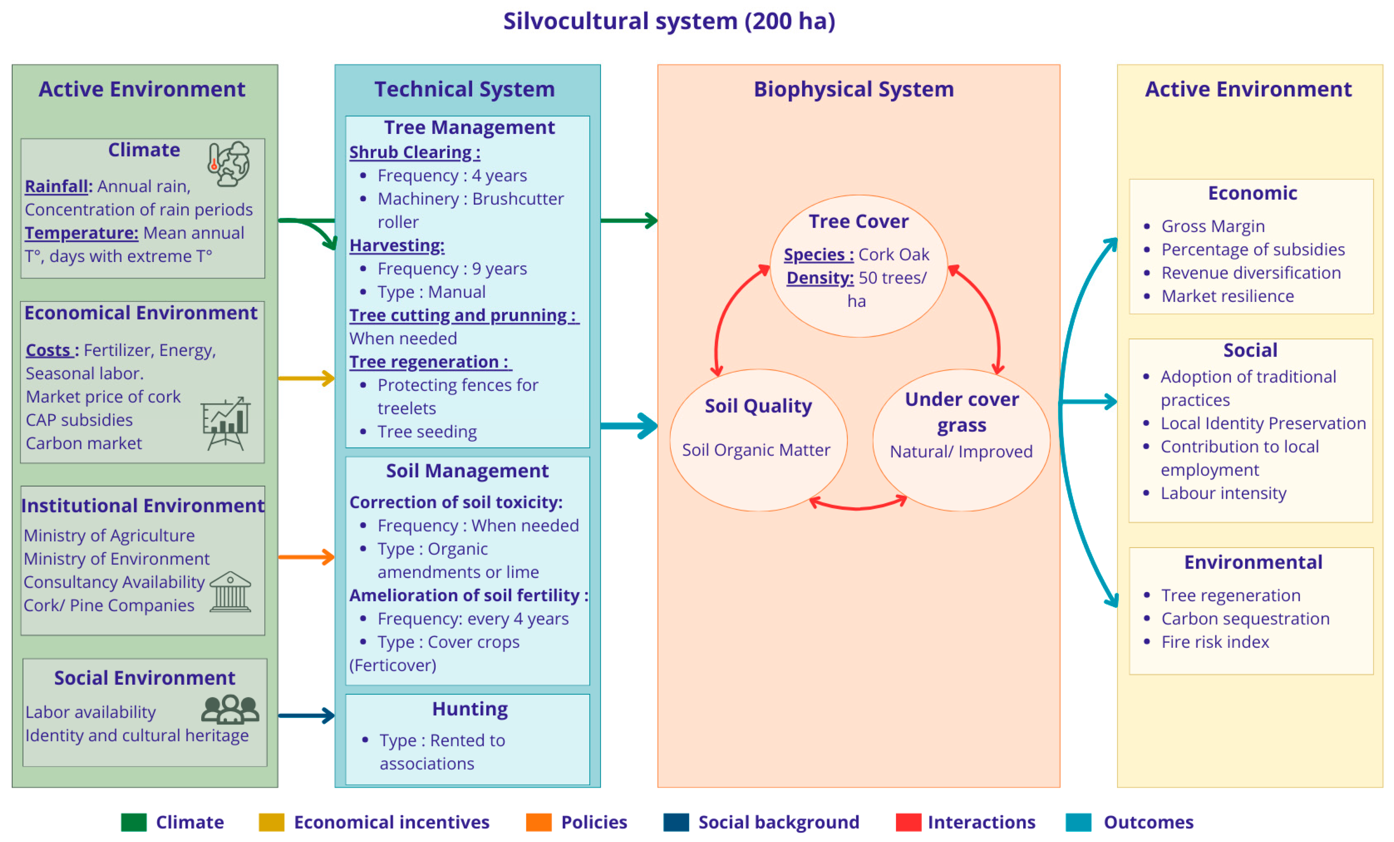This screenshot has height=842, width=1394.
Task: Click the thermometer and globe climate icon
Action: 229,164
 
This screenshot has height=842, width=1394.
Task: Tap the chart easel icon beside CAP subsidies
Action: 226,423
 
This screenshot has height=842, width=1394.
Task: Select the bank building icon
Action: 230,592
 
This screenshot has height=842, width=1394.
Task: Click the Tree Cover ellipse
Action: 858,266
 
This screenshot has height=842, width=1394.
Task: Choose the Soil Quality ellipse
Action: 758,440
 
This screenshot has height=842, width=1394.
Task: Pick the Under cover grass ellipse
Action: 961,440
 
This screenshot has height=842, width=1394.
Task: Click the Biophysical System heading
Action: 854,90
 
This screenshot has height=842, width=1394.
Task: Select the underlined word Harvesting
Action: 397,246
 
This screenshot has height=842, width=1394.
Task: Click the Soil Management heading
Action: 467,471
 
